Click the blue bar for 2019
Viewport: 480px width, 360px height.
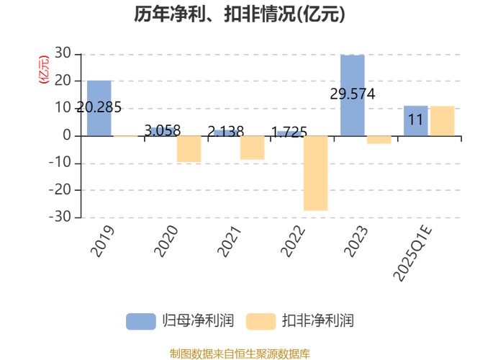pos(99,108)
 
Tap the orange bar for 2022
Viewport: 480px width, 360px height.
pos(315,173)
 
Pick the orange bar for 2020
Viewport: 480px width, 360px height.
pos(189,149)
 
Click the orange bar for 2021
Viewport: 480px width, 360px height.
pos(252,148)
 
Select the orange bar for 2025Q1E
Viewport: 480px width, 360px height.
pos(442,121)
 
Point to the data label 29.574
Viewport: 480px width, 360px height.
pos(352,94)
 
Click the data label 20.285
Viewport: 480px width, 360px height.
pos(99,108)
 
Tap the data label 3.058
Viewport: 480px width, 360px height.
pos(163,131)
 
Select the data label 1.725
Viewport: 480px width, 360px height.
pos(289,132)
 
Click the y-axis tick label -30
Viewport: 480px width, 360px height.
pos(61,217)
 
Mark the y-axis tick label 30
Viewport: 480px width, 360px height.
pos(63,54)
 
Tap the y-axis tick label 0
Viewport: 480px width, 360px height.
pos(68,135)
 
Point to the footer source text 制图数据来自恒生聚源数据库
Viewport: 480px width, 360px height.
pos(240,354)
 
